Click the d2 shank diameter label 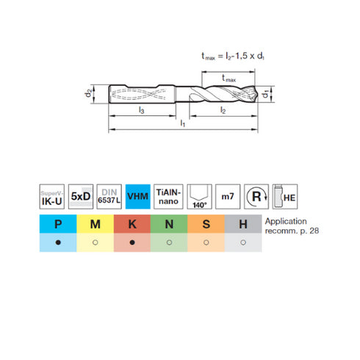click(x=88, y=93)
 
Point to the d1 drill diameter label click(x=266, y=94)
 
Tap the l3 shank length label click(x=141, y=110)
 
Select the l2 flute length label click(x=223, y=110)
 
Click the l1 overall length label click(x=183, y=123)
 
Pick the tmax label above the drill click(x=228, y=79)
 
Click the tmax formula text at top click(x=233, y=56)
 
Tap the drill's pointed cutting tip click(x=257, y=94)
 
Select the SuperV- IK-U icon click(x=52, y=197)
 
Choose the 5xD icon click(x=81, y=197)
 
